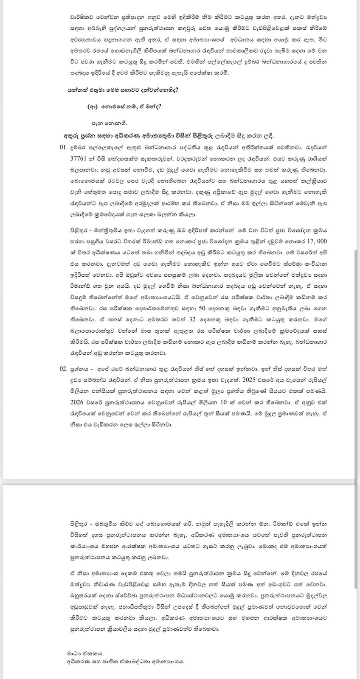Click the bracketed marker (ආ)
pos(93,107)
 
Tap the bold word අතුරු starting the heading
pos(70,136)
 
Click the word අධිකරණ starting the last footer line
pos(79,661)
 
